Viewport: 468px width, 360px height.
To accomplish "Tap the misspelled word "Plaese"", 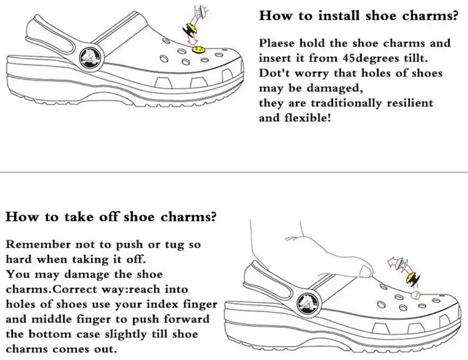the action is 278,43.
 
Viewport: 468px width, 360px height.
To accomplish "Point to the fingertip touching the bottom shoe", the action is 367,271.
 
